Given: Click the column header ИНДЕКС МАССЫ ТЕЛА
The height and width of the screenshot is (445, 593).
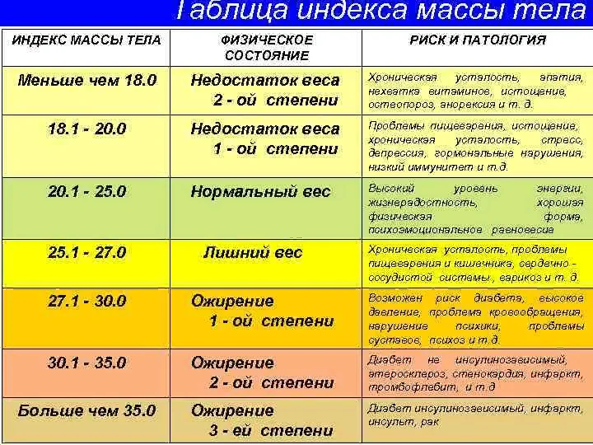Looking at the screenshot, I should [86, 40].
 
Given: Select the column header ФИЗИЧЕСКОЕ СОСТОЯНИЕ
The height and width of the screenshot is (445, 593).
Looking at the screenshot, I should [267, 48].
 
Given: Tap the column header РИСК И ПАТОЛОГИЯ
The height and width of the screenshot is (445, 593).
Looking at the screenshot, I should [478, 40].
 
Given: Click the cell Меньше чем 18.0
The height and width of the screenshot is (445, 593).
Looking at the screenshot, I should [87, 80].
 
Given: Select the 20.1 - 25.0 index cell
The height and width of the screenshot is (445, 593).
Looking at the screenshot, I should [87, 191].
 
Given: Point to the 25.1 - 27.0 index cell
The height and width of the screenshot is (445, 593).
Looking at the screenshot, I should [87, 252].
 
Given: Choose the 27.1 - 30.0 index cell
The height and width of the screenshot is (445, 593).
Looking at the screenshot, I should [87, 301].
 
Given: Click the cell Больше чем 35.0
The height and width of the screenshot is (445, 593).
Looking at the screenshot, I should [87, 410].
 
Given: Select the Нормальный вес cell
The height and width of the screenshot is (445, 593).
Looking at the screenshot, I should [260, 191].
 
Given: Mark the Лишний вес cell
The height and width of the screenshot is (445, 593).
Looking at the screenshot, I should [253, 252].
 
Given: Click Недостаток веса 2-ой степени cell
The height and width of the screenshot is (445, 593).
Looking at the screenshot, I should [264, 90].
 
